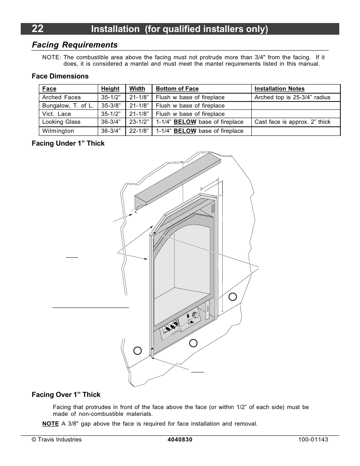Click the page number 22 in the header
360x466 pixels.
coord(37,29)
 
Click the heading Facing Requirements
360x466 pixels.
coord(75,45)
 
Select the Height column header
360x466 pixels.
coord(110,89)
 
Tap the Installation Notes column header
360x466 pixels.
coord(279,89)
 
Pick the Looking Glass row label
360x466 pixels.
coord(61,122)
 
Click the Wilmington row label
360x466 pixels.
coord(58,131)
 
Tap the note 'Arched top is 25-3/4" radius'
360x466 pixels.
coord(292,97)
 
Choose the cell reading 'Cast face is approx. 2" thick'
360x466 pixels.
coord(292,122)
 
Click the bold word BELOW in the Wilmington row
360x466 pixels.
coord(185,131)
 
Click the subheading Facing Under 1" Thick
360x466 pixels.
coord(68,143)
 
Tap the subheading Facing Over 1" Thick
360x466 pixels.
coord(66,395)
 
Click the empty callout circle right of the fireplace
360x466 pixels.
coord(233,297)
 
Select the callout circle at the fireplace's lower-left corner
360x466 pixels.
coord(138,351)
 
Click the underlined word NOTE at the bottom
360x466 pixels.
coord(50,424)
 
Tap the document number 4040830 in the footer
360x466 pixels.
coord(180,440)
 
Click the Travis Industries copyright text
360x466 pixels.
coord(57,440)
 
